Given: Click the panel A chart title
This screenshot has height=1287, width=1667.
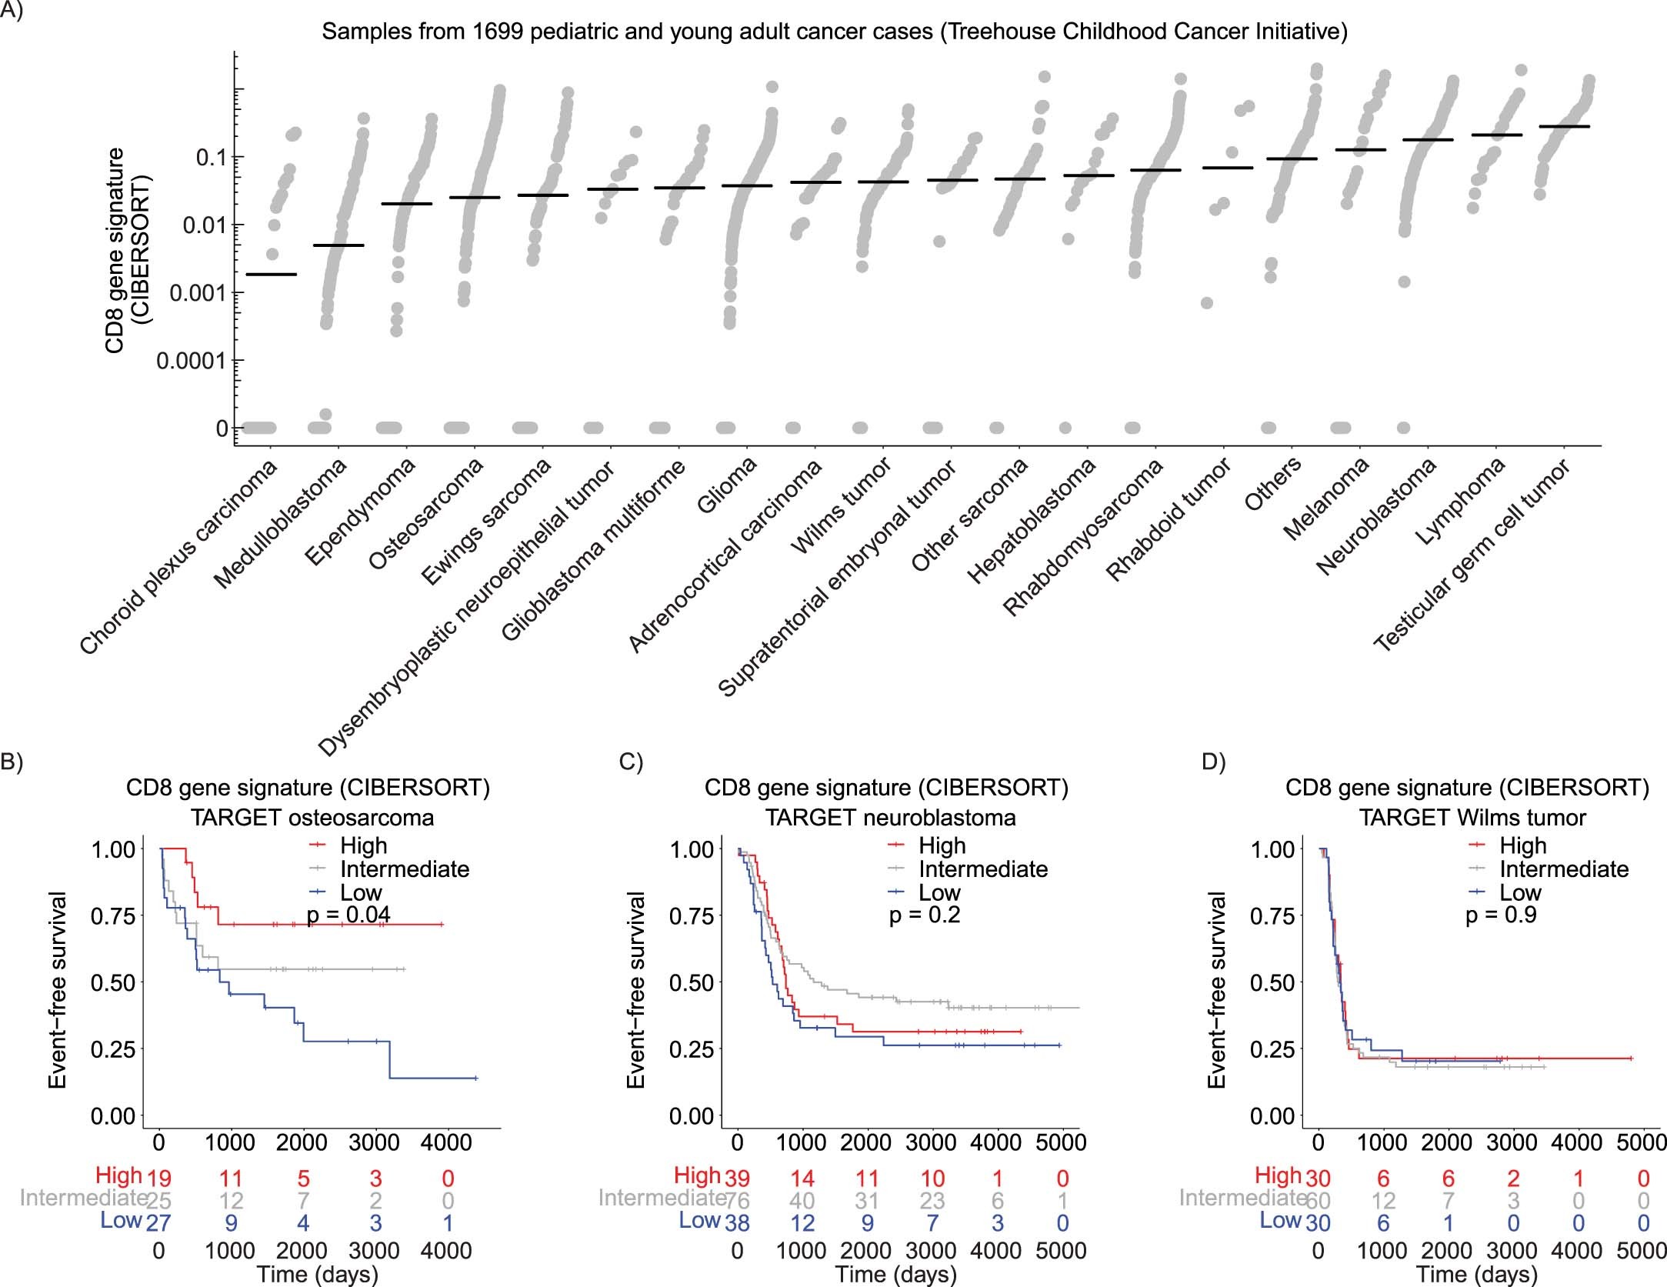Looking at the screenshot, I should (x=834, y=32).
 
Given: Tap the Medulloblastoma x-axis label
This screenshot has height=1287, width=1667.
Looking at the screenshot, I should (x=281, y=523).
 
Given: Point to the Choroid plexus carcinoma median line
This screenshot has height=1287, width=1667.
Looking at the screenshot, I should (x=270, y=274).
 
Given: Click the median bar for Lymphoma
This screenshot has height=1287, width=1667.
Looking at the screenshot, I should (x=1495, y=135).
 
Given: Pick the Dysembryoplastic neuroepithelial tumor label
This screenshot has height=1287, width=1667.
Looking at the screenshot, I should (x=466, y=608).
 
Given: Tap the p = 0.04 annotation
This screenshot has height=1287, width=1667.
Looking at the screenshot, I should (x=348, y=915).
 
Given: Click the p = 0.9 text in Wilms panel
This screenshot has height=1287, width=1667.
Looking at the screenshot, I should (x=1501, y=915).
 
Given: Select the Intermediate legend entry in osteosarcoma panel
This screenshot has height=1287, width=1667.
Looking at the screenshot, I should (x=404, y=869).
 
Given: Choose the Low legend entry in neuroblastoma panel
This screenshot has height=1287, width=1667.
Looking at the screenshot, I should (x=939, y=892).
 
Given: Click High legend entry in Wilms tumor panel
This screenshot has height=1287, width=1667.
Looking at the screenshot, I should (x=1522, y=845).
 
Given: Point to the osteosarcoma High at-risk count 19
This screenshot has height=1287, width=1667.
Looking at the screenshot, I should (x=158, y=1178).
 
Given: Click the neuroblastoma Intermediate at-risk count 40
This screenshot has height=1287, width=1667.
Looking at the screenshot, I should (x=802, y=1201).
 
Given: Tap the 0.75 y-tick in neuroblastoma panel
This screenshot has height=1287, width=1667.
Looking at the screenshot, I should (x=692, y=916).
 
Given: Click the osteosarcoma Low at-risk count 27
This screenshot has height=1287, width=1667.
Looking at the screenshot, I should (x=158, y=1223).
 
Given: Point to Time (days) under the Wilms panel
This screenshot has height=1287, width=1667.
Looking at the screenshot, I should (x=1477, y=1274).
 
